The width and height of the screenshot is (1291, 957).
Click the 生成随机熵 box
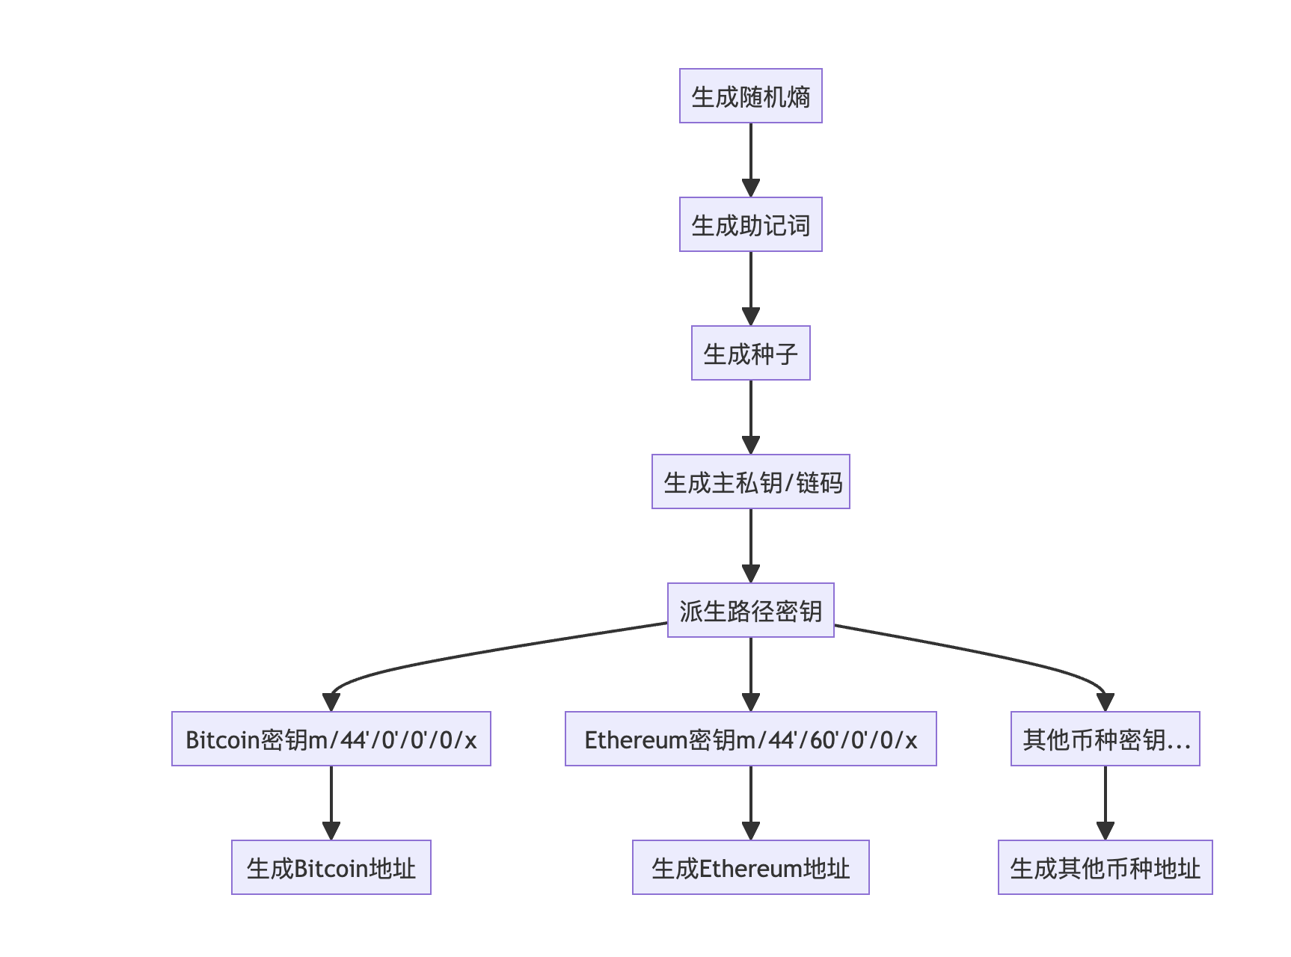tap(750, 96)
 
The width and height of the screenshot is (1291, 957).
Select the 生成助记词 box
tap(750, 225)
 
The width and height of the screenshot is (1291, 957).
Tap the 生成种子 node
tap(750, 354)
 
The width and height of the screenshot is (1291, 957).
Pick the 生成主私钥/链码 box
tap(750, 482)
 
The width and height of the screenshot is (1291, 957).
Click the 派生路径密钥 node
tap(750, 611)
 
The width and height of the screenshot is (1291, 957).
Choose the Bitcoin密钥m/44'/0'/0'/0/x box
tap(331, 739)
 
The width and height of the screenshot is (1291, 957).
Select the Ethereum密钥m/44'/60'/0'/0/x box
tap(750, 739)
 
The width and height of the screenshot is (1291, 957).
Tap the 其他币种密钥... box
tap(1105, 739)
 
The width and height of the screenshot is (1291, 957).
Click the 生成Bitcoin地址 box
tap(331, 868)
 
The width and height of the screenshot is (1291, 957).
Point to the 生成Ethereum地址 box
tap(750, 868)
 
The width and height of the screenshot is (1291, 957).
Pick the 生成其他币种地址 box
tap(1105, 868)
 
